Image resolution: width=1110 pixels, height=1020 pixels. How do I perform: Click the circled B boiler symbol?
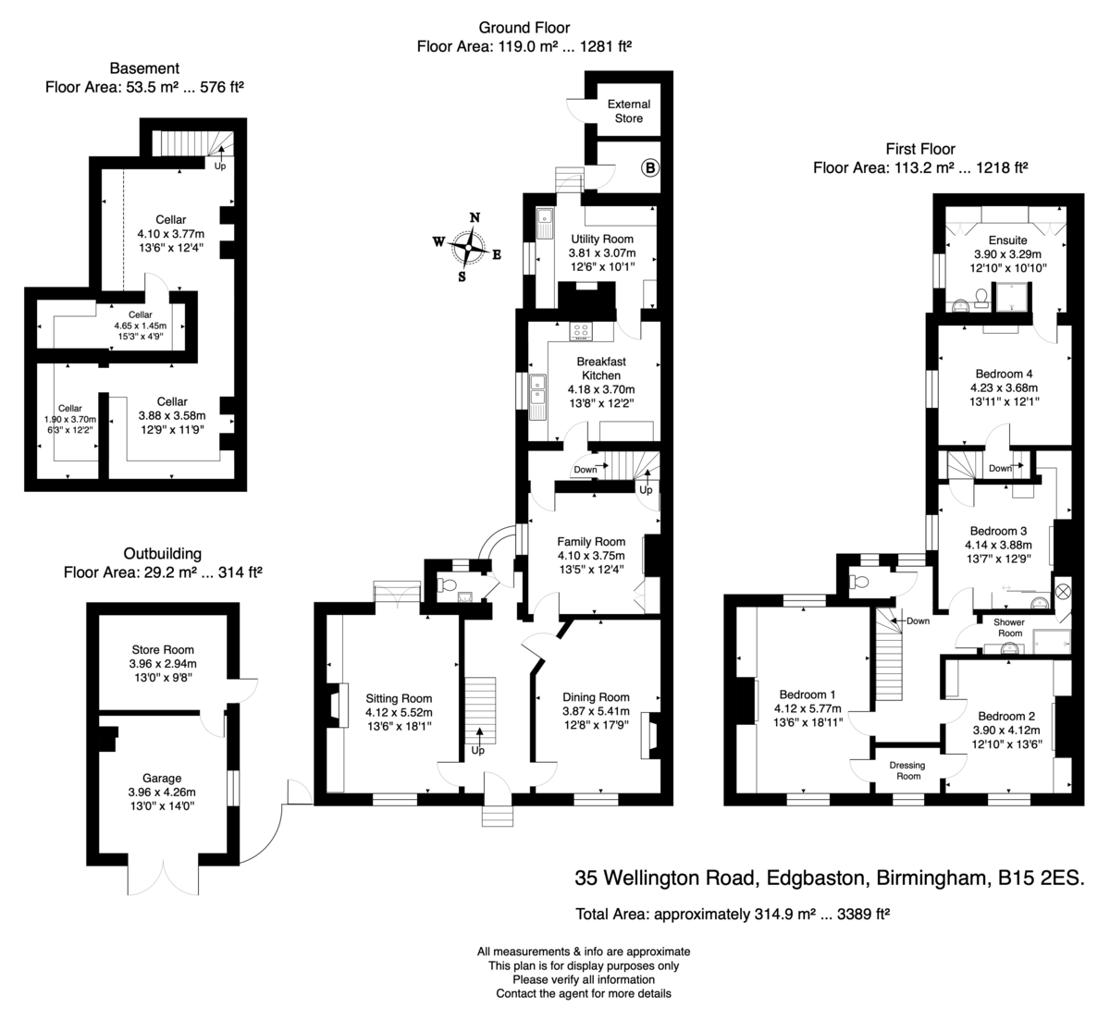(x=650, y=167)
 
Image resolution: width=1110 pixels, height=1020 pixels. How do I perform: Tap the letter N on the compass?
(x=475, y=217)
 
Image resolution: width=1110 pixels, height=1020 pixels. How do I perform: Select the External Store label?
(x=629, y=111)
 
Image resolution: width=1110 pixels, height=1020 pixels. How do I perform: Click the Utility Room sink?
(x=545, y=223)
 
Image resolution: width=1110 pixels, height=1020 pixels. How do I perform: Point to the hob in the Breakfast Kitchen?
(x=581, y=331)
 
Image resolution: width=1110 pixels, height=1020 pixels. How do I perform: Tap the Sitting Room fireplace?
(x=339, y=705)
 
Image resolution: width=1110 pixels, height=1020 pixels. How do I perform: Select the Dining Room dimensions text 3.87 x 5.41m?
(x=596, y=711)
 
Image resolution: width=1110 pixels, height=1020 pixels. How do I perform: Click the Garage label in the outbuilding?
(x=162, y=778)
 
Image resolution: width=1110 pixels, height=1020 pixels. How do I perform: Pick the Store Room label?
(x=163, y=650)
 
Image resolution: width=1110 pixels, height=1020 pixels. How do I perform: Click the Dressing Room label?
(x=907, y=770)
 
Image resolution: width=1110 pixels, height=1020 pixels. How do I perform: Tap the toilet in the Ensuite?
(x=981, y=299)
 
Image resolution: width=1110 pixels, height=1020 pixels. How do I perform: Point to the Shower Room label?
(x=1009, y=628)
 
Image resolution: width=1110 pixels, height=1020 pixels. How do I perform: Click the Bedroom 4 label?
(x=1004, y=374)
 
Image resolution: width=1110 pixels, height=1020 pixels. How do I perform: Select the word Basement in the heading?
(x=144, y=68)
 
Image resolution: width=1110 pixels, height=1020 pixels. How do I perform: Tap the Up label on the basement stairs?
(x=219, y=166)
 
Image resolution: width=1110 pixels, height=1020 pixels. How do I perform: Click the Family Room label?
(x=591, y=542)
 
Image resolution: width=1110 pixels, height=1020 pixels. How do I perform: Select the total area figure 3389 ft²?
(x=863, y=914)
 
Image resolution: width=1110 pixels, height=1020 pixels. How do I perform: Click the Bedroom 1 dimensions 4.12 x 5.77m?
(x=808, y=708)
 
